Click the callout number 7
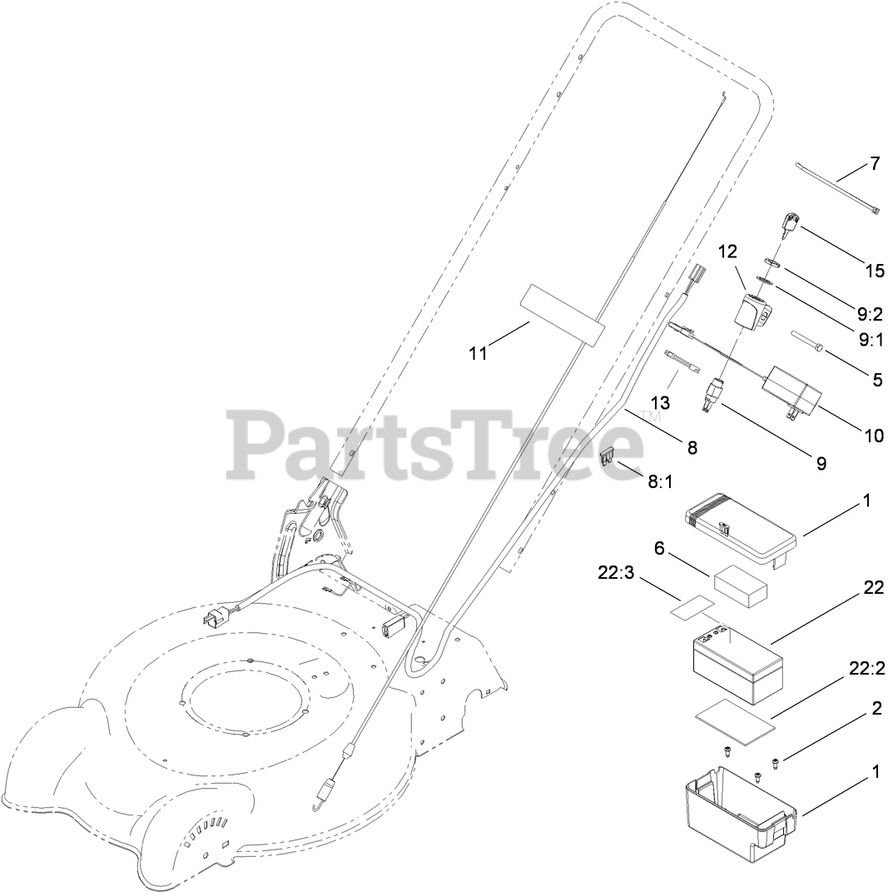point(875,163)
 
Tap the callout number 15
point(874,271)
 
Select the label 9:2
point(870,315)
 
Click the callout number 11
point(477,352)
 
